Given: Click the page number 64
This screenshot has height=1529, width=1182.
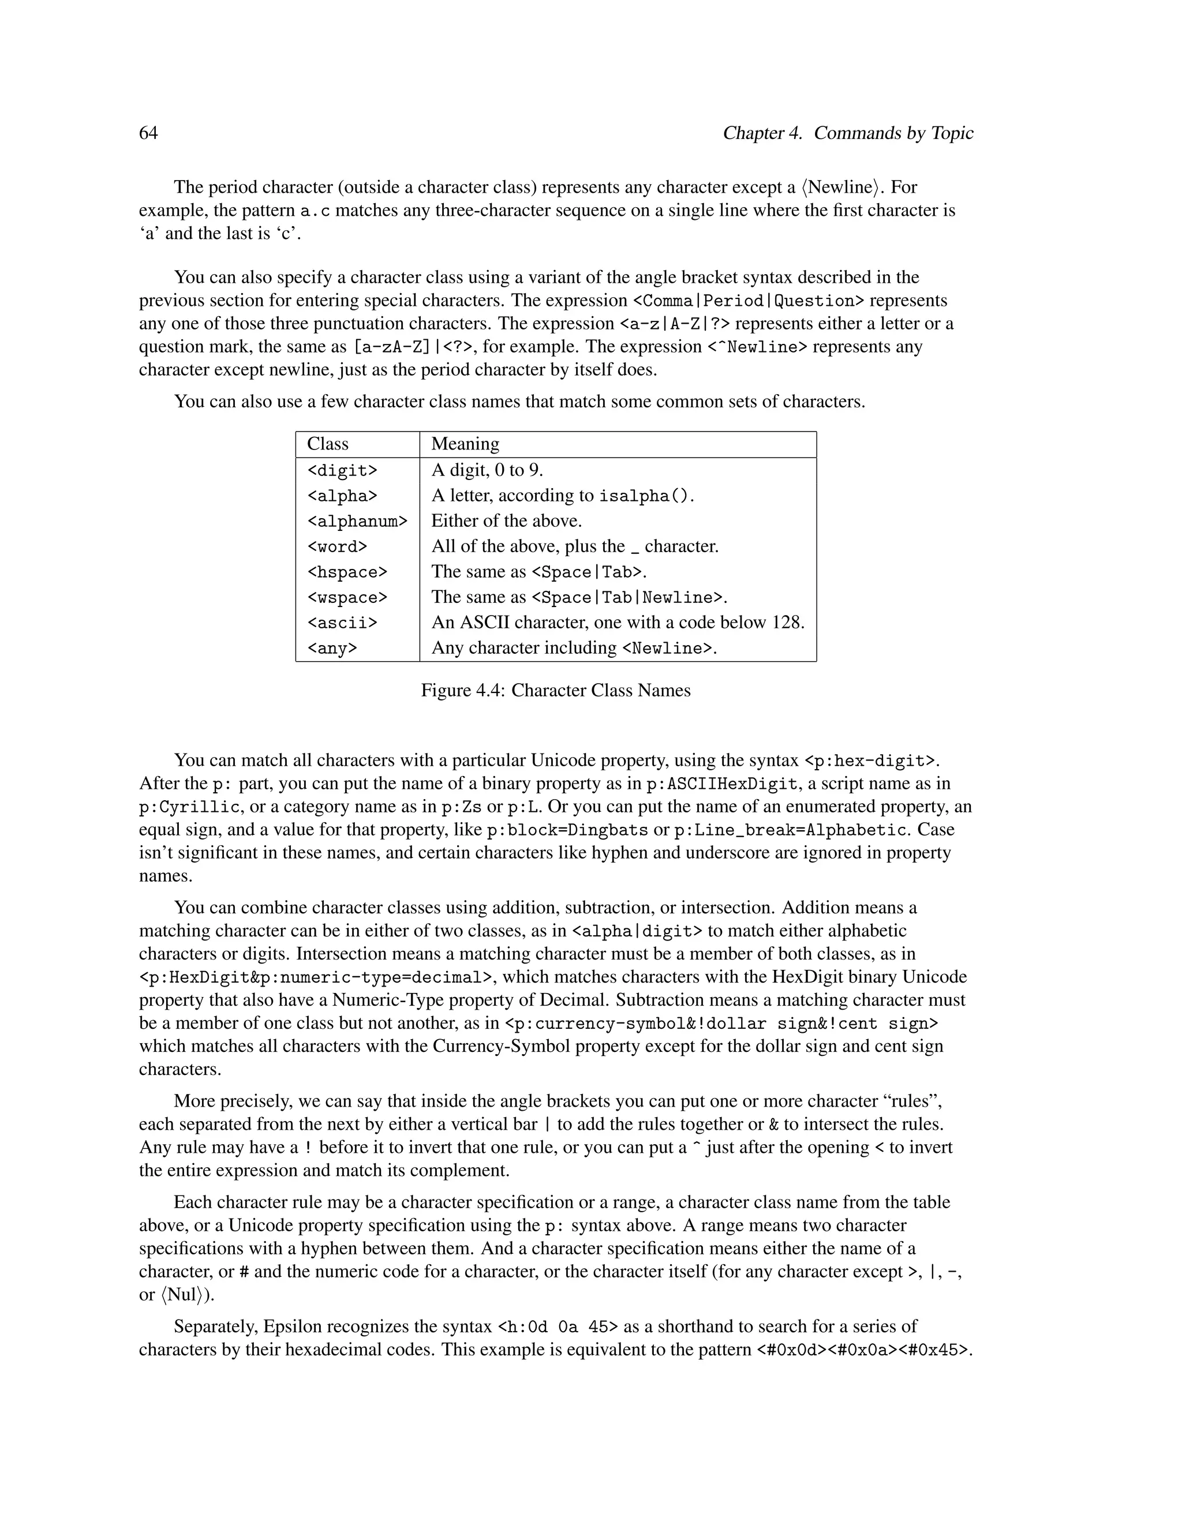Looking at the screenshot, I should (x=148, y=133).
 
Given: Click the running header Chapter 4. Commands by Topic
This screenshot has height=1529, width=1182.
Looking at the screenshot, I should (x=847, y=133).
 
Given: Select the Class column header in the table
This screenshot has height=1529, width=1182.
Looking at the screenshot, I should (x=328, y=444).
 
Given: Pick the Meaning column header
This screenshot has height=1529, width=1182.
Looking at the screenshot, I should (x=465, y=444).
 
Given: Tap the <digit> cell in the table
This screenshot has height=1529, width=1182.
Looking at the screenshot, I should (x=342, y=470).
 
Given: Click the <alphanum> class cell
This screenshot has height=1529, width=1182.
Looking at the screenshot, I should (x=357, y=522).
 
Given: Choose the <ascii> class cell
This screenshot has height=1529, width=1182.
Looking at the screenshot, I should (x=342, y=623).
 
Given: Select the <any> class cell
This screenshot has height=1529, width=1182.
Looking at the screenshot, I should (x=332, y=649).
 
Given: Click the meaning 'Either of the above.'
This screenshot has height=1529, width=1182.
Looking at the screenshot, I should (x=506, y=521).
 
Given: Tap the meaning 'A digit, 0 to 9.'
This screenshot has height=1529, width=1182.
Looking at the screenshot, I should (x=487, y=470).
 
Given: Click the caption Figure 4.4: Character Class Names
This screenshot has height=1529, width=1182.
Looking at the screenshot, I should (x=555, y=690).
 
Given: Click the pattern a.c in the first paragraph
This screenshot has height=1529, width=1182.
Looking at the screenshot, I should (x=315, y=211).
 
